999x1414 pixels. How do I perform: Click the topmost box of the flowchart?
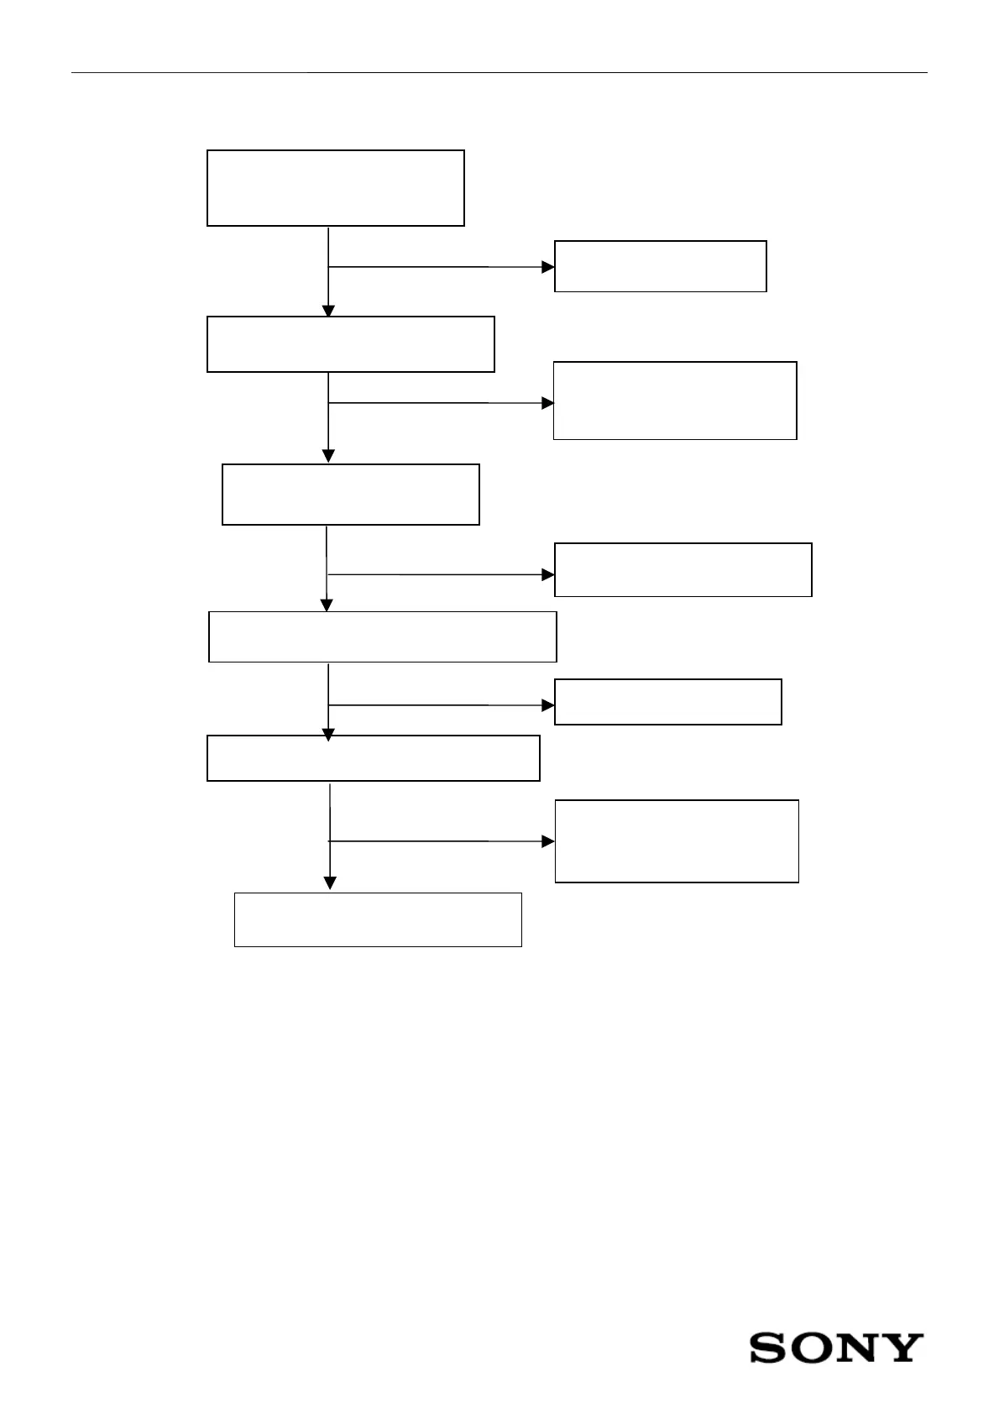336,188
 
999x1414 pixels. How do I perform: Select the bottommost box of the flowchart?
378,919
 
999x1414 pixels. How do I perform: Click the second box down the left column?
350,344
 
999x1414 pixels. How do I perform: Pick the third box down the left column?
351,495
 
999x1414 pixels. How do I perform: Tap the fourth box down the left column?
382,636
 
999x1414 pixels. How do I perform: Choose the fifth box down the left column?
373,758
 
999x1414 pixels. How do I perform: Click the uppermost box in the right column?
661,266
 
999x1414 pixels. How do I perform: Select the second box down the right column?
675,401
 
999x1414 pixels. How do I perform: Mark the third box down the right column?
683,570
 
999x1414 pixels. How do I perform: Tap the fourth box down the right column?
668,702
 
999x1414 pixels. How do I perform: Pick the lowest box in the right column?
677,841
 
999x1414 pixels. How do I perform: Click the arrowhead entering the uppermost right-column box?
548,267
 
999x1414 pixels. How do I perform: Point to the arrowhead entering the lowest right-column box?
548,841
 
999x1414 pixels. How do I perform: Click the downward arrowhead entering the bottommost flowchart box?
330,883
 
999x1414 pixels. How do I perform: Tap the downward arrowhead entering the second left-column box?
328,311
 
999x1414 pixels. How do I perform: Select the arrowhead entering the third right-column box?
548,575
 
